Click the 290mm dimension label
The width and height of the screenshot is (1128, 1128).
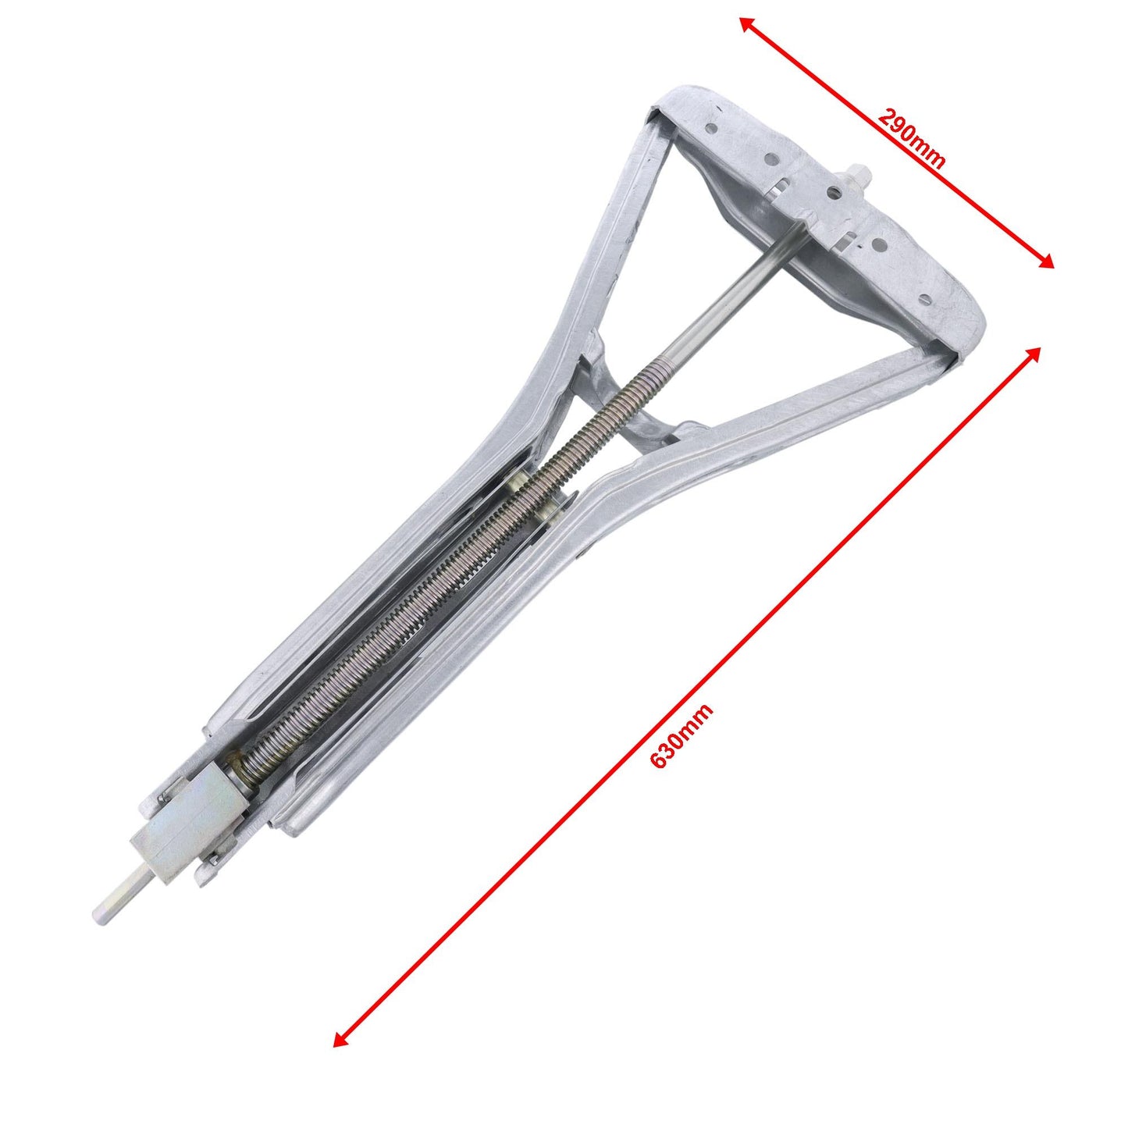(911, 138)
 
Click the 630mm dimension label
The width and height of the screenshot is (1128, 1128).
(681, 737)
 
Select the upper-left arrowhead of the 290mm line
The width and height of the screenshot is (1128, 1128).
(745, 22)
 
